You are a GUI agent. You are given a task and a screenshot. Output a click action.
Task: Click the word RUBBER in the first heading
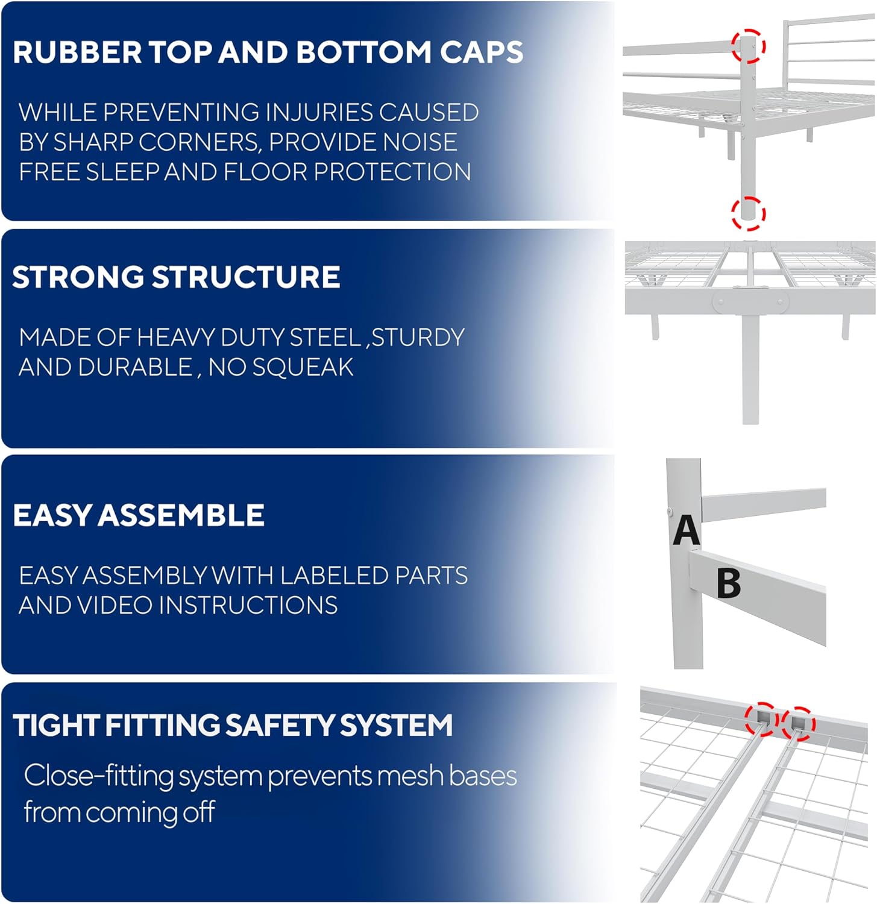tap(77, 52)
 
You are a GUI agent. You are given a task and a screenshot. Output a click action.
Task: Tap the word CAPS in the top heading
tap(481, 52)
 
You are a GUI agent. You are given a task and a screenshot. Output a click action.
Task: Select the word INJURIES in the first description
tap(318, 112)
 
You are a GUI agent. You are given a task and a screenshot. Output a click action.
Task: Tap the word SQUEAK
tap(303, 367)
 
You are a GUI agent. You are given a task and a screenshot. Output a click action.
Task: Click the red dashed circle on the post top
tap(749, 46)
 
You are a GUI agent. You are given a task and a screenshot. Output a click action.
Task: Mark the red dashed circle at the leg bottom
tap(749, 213)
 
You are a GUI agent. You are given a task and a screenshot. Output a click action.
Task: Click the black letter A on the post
tap(686, 531)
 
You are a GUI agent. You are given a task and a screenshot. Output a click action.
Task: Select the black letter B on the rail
tap(729, 583)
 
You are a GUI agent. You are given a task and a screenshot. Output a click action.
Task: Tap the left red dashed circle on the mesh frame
tap(762, 719)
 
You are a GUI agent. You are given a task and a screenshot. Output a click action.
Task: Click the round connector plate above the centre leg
tap(750, 301)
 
